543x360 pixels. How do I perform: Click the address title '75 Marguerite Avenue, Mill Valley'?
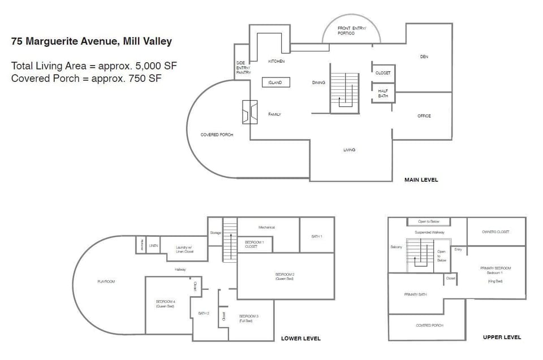[92, 41]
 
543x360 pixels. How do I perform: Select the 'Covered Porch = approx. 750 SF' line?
[87, 79]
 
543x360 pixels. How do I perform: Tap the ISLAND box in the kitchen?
[275, 83]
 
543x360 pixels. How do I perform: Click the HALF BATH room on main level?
[383, 93]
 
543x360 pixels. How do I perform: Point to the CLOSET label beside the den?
[383, 73]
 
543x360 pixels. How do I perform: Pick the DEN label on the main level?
[424, 57]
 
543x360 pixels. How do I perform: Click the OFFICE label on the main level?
[424, 116]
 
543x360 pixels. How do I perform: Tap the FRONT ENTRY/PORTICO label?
[351, 31]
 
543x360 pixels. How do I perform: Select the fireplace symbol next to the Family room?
[249, 112]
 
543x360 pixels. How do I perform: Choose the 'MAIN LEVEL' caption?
[421, 180]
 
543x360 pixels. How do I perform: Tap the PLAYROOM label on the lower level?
[106, 281]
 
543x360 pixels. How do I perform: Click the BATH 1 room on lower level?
[317, 236]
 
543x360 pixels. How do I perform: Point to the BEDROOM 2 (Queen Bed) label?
[284, 276]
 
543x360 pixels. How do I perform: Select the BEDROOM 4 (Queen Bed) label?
[165, 304]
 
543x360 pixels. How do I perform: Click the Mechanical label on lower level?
[266, 227]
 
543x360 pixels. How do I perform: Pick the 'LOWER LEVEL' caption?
[301, 339]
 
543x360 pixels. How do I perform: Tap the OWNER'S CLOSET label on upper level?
[495, 232]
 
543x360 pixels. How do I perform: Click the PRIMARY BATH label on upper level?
[415, 294]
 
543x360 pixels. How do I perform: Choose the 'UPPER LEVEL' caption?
[502, 337]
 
